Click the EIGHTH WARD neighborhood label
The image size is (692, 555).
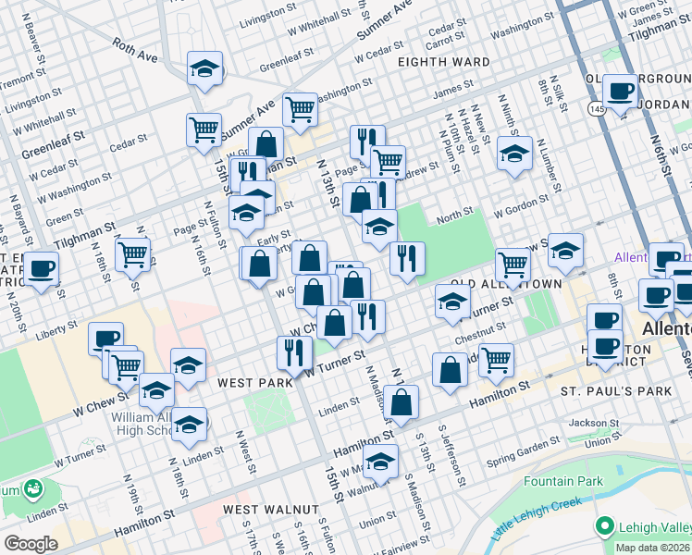[443, 62]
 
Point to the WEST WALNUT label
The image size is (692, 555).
[271, 510]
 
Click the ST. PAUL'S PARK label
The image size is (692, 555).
[615, 391]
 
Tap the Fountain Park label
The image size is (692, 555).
[562, 481]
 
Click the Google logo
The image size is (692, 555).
[31, 544]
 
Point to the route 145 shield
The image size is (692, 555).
[591, 109]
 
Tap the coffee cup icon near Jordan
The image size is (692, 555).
[620, 91]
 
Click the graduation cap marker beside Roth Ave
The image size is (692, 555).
[205, 68]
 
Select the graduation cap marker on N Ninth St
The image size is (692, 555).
[514, 154]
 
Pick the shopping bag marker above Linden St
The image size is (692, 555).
[402, 402]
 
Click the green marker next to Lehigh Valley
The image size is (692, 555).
[605, 525]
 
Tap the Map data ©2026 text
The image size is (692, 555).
[652, 548]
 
